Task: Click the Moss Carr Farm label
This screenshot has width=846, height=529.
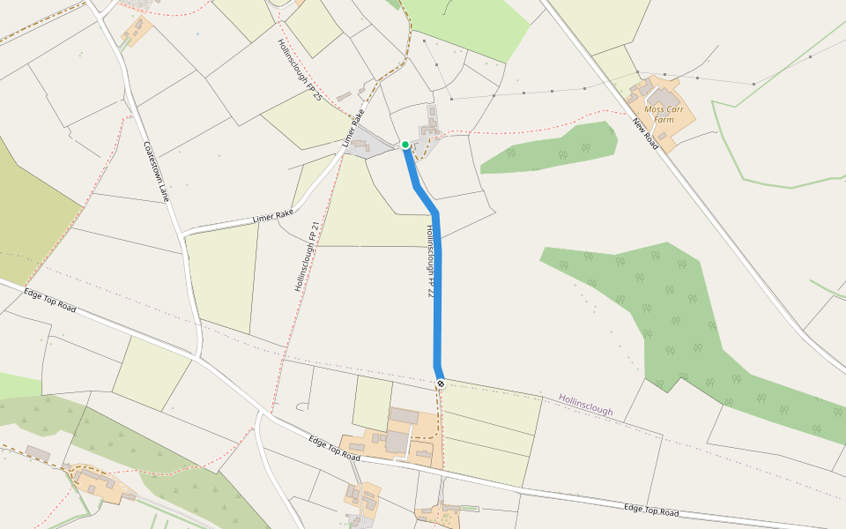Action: [x=664, y=114]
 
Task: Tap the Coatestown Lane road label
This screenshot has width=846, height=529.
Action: [x=155, y=172]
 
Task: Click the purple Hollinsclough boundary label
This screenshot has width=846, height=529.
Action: [x=585, y=405]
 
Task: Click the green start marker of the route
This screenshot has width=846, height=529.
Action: [x=405, y=145]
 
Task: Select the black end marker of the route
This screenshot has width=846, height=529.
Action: [x=440, y=383]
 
